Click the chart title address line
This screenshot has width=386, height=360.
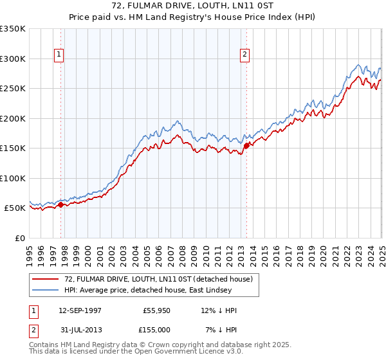(x=192, y=6)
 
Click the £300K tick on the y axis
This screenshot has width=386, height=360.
(x=12, y=59)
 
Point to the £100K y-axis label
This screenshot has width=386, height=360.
(x=12, y=178)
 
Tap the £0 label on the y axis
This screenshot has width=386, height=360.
(x=19, y=238)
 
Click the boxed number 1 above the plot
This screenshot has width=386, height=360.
(x=59, y=55)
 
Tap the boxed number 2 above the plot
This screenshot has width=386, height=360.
(x=245, y=55)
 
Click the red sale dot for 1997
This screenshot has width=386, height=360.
(x=61, y=204)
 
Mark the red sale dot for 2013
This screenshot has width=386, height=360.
(x=247, y=145)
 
